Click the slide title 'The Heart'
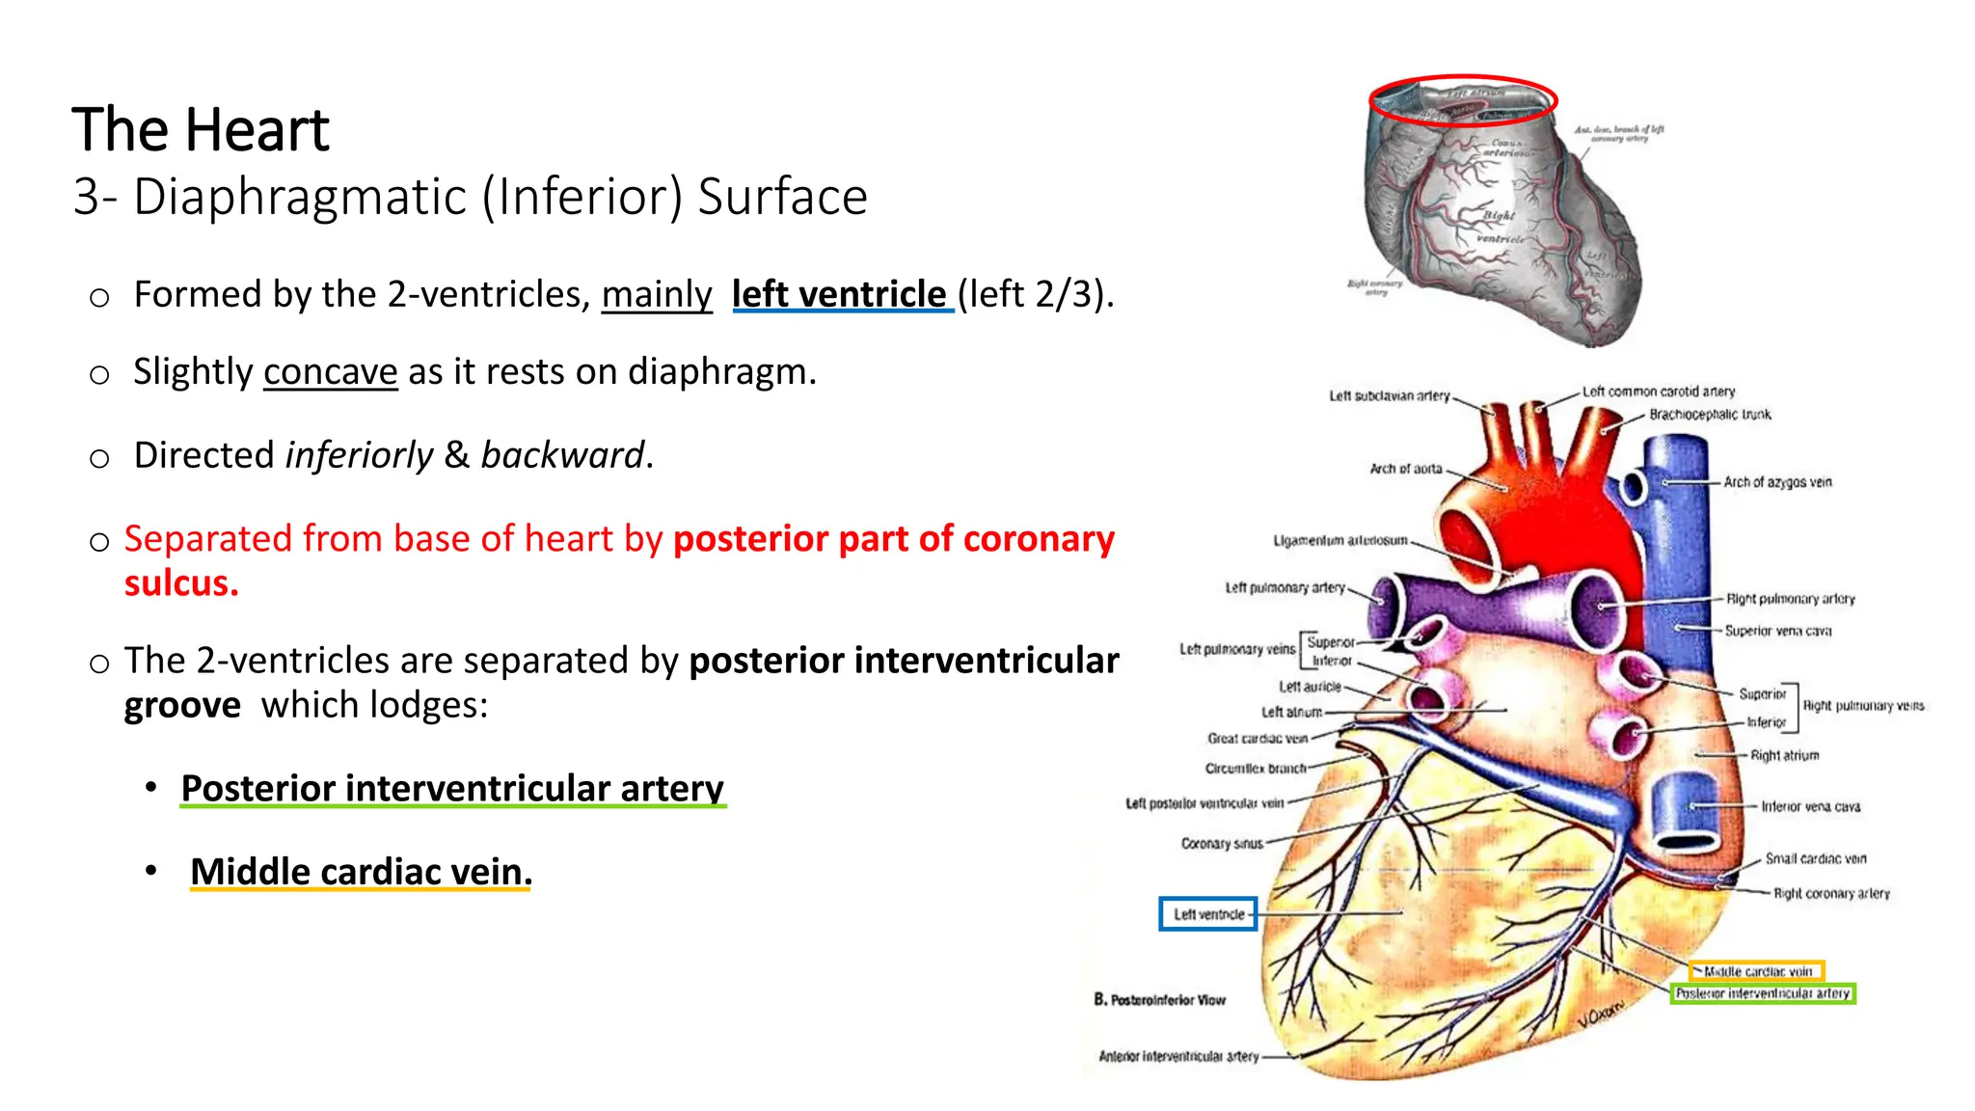pos(201,130)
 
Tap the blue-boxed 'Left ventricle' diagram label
pos(1207,913)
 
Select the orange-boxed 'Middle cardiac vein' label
pos(1756,971)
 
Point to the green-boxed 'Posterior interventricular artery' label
pos(1762,993)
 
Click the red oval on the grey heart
pos(1463,100)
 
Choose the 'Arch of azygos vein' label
pos(1776,482)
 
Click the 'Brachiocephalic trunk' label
pos(1709,415)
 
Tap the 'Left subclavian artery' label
pos(1389,395)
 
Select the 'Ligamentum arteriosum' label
pos(1339,541)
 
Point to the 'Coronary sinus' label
pos(1222,844)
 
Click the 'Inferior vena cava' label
pos(1809,806)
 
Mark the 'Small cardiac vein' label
pos(1815,858)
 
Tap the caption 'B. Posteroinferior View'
pos(1159,1000)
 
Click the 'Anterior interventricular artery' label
pos(1178,1056)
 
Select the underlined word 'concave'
pos(330,372)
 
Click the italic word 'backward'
pos(562,455)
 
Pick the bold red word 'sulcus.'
pos(181,583)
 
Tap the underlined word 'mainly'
pos(657,294)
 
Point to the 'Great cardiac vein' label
pos(1257,739)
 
